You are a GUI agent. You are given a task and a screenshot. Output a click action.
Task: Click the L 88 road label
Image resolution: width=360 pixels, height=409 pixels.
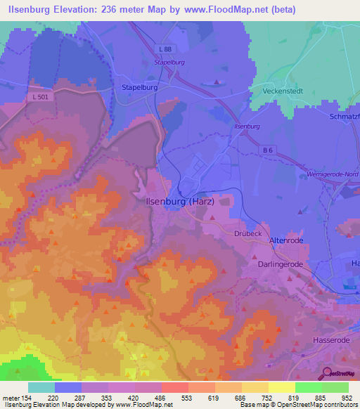(x=164, y=48)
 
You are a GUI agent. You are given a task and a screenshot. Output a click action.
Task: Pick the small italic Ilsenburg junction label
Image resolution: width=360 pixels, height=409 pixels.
(x=247, y=126)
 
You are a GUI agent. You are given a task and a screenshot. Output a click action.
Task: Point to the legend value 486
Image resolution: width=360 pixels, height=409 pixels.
(x=148, y=398)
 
